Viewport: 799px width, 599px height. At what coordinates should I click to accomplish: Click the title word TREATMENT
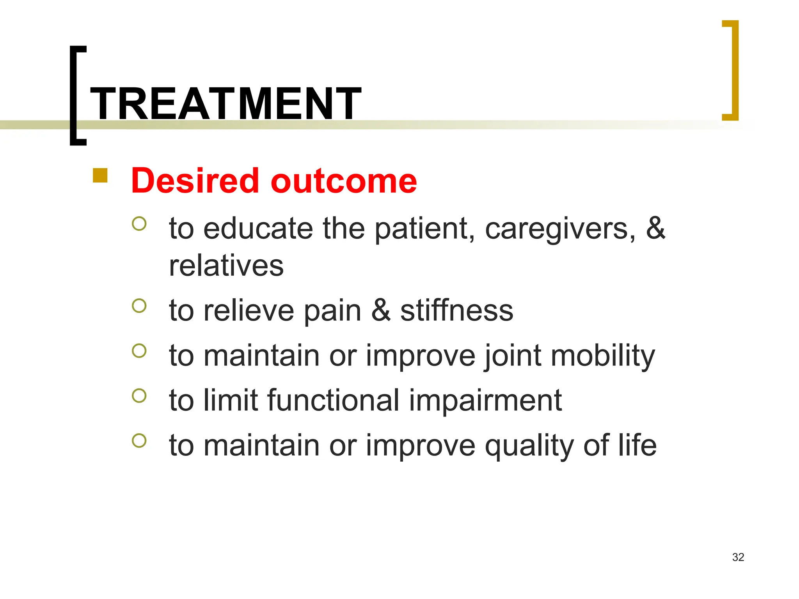(x=225, y=104)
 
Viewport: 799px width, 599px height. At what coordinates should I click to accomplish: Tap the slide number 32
(x=738, y=557)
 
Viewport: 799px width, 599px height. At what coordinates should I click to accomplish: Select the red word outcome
(x=344, y=181)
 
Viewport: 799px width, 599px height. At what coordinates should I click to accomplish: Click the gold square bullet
(x=100, y=175)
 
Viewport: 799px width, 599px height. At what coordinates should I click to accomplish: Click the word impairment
(x=485, y=401)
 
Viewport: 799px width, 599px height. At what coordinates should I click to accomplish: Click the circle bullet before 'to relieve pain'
(x=139, y=306)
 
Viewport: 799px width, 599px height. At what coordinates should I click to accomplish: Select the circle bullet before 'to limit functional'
(x=139, y=396)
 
